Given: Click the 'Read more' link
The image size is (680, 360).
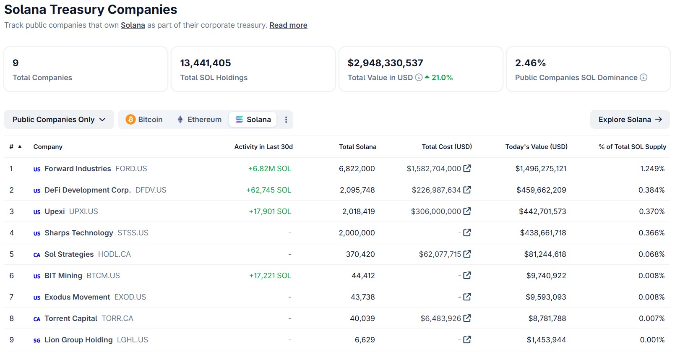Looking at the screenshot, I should [288, 25].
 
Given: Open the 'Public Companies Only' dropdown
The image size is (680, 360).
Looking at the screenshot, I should [59, 120].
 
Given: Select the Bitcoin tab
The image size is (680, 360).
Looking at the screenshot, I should [144, 120].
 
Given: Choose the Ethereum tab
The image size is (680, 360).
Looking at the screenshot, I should [199, 120].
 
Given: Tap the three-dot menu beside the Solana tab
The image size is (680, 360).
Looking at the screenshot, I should [286, 120].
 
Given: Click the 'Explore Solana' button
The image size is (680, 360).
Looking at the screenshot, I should [630, 120].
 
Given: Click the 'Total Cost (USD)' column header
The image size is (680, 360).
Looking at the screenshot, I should [446, 147].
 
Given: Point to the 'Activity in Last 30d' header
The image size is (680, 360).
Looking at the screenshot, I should [263, 147].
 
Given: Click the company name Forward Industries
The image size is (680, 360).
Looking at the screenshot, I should [78, 169].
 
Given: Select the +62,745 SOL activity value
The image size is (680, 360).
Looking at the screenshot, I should [268, 190].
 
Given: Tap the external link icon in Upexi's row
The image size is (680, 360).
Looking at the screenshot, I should [467, 211].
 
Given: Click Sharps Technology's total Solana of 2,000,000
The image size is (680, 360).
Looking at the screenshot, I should [357, 233].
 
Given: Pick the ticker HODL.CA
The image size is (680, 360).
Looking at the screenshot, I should [114, 254].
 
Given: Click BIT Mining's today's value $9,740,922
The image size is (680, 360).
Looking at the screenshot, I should [546, 276].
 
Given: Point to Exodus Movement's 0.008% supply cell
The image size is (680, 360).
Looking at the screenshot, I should [651, 297].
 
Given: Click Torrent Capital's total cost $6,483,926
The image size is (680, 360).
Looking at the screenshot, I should [440, 318].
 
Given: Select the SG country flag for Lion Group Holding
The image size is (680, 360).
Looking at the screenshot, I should [37, 340].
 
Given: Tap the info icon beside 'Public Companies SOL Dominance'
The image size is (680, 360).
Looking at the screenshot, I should [644, 78].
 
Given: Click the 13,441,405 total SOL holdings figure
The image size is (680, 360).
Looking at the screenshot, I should [206, 63].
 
